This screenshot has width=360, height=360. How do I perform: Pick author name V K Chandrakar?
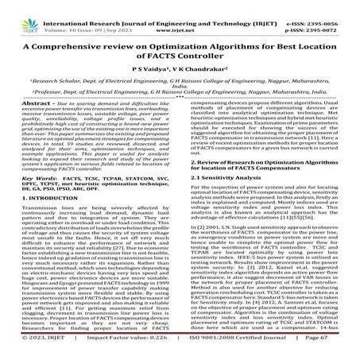(x=195, y=68)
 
